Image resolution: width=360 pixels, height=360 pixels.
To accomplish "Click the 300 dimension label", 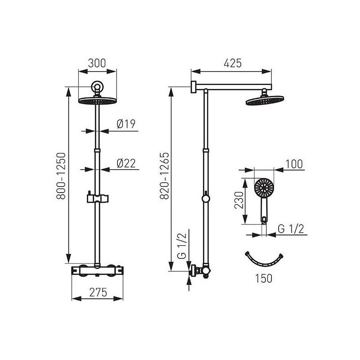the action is tap(97, 63).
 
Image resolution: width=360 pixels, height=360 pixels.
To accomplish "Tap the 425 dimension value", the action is tap(233, 63).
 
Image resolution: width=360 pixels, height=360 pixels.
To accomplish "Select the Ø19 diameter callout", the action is tap(126, 124).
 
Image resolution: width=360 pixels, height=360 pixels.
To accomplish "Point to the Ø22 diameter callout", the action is tap(126, 163).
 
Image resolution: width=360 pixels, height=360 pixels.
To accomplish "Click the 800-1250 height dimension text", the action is tap(61, 175).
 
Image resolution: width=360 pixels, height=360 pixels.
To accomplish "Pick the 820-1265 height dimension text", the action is tap(164, 175).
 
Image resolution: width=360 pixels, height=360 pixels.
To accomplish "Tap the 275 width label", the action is tap(98, 292).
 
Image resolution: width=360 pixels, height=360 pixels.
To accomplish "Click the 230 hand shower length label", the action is tap(238, 200).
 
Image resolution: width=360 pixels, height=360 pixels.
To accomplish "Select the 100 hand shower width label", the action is tap(294, 164).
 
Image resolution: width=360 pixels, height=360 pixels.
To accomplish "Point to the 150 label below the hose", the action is tap(264, 278).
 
